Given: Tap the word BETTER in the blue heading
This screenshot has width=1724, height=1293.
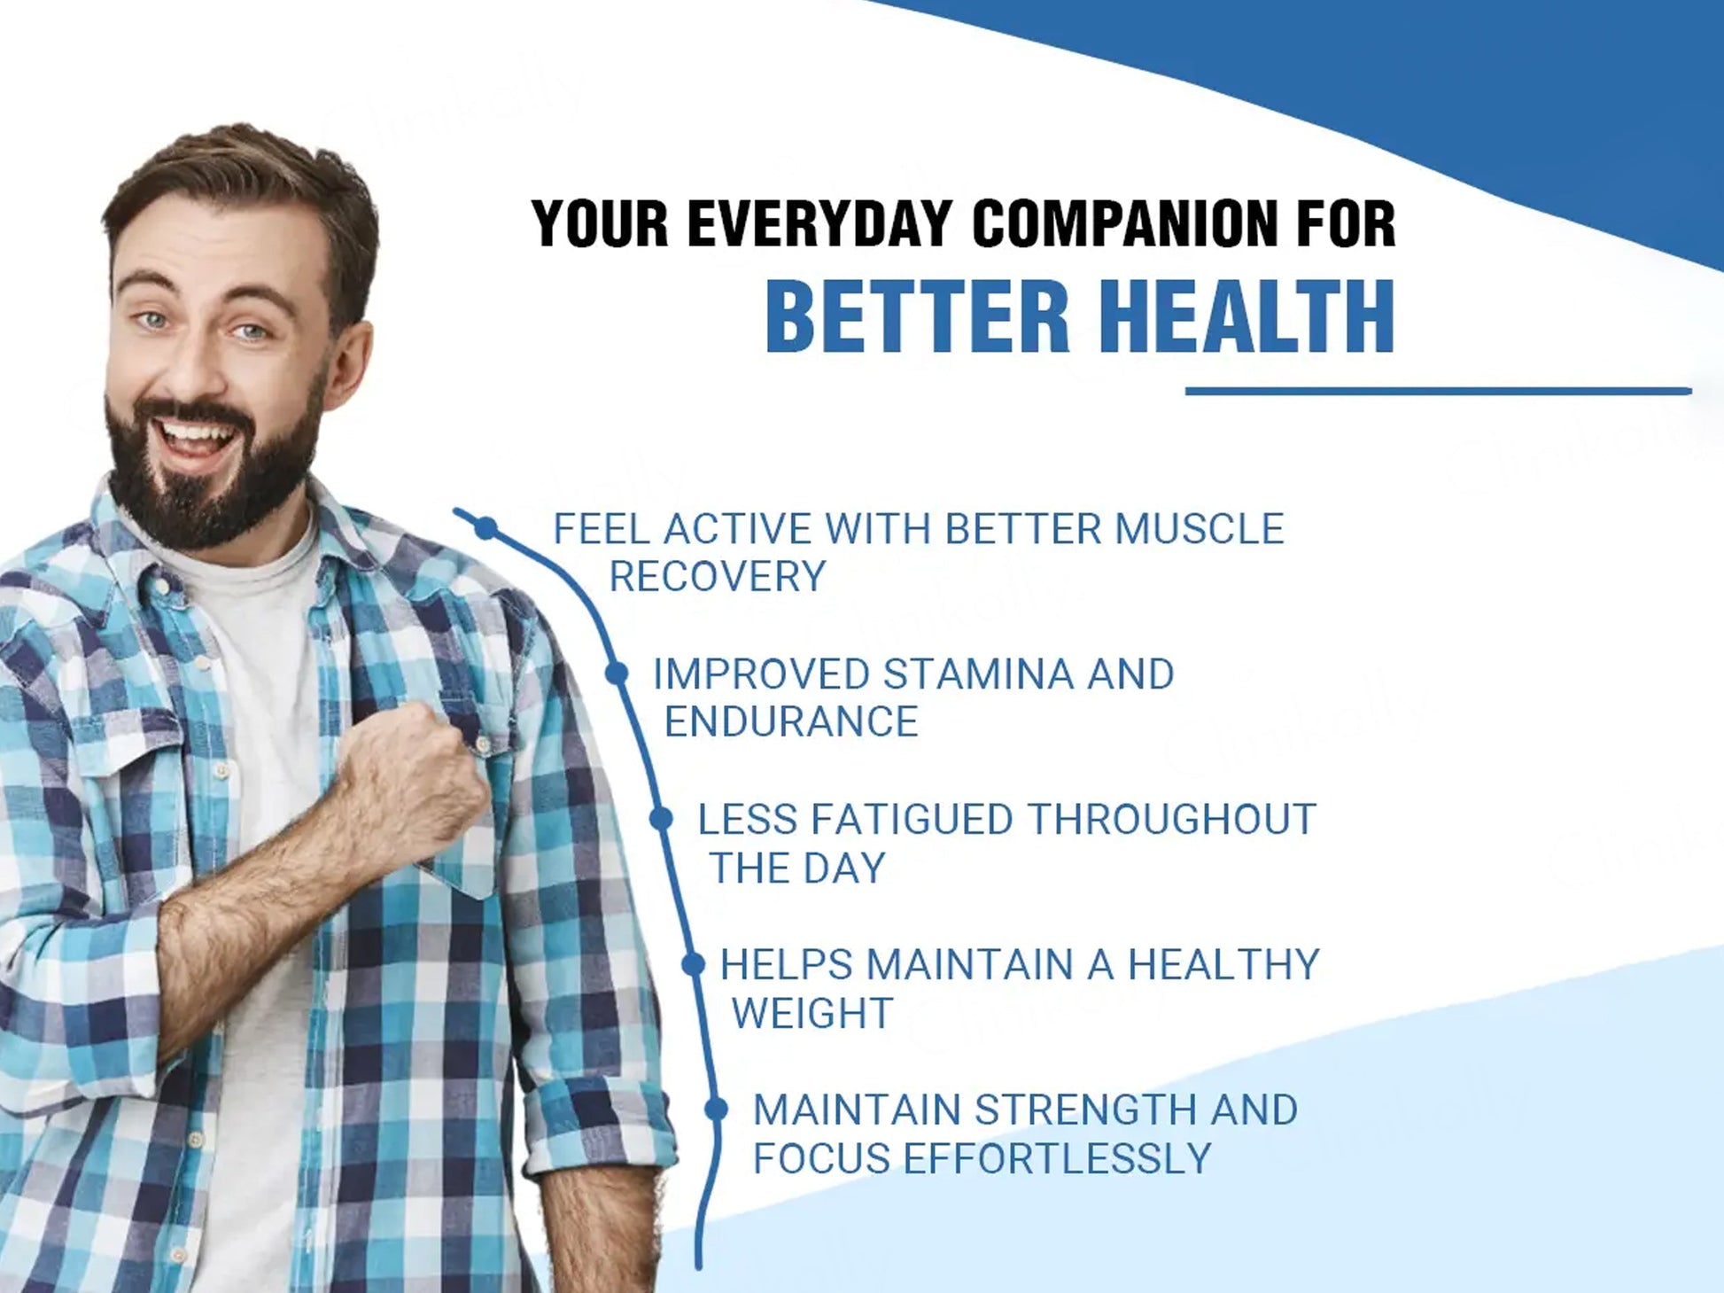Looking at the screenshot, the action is pos(918,316).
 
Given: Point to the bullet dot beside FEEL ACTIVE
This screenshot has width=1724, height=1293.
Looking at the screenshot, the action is pos(485,529).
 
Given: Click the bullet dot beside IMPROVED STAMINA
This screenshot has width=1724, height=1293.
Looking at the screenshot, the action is pos(617,674).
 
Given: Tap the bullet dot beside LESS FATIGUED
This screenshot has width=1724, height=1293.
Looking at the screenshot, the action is pos(661,819).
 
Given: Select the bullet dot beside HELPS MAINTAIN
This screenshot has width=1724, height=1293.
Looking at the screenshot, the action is pos(694,964).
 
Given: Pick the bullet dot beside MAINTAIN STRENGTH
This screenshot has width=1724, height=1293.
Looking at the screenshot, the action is pos(716,1109).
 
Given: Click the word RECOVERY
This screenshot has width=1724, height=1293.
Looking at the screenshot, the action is pos(718,577).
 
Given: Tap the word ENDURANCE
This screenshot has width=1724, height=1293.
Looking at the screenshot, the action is pos(791,722).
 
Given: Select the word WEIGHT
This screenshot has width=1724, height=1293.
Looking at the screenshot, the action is pos(812,1013).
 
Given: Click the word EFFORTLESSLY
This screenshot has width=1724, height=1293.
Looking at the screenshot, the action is pos(1056,1158).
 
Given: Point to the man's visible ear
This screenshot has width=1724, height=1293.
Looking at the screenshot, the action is pos(348,363).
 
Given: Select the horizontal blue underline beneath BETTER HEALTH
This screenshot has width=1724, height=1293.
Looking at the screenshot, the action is pos(1439,391).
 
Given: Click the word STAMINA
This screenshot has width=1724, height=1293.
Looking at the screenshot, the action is pos(979,674).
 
